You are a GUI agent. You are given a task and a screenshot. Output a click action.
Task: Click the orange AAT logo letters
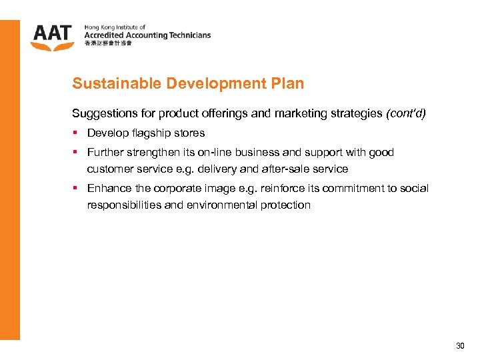coord(51,33)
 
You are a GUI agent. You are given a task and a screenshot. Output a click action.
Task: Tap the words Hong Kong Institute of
coord(115,27)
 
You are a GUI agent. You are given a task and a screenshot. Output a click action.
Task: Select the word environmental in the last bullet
coord(217,205)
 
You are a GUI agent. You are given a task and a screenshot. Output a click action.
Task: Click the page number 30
coord(460,346)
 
